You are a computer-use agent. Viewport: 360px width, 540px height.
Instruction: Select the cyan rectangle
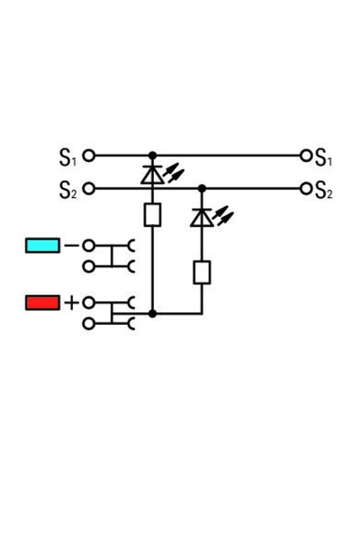coord(42,245)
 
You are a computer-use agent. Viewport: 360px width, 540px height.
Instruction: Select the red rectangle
coord(42,302)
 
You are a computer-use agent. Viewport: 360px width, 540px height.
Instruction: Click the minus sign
coord(71,245)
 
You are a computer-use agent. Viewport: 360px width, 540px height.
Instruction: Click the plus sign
coord(71,302)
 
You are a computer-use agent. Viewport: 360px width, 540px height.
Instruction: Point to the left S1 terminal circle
coord(88,155)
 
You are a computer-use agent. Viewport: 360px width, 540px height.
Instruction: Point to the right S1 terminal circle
coord(306,155)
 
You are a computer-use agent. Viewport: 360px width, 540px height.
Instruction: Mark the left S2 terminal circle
coord(88,188)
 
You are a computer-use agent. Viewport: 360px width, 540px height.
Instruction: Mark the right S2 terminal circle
coord(306,188)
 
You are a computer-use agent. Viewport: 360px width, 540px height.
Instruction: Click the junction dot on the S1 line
coord(152,155)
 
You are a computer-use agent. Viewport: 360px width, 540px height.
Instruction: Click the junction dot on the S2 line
coord(202,188)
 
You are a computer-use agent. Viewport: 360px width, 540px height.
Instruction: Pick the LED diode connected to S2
coord(202,217)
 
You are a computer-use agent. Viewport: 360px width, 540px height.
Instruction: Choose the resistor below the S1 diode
coord(152,214)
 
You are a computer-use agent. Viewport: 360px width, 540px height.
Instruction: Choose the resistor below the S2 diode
coord(202,272)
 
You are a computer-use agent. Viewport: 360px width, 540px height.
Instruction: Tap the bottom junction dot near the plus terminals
coord(152,313)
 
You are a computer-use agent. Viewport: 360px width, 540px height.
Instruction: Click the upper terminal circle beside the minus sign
coord(88,245)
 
